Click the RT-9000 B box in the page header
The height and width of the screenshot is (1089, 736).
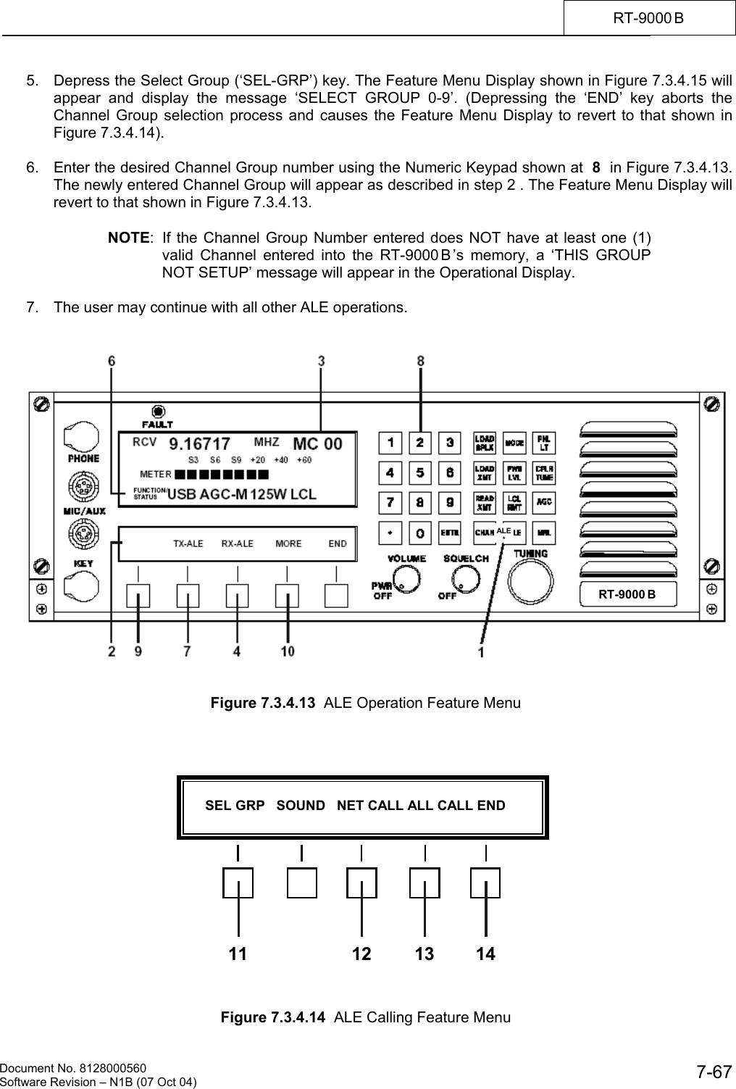pyautogui.click(x=649, y=17)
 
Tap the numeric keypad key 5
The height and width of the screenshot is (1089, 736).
pyautogui.click(x=420, y=473)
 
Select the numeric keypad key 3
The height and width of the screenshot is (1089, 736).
pyautogui.click(x=450, y=442)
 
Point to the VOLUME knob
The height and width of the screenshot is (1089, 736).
pyautogui.click(x=407, y=577)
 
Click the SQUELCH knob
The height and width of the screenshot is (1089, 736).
pyautogui.click(x=467, y=577)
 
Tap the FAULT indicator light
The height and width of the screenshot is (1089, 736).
pyautogui.click(x=157, y=410)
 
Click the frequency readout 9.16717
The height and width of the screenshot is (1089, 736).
pyautogui.click(x=200, y=443)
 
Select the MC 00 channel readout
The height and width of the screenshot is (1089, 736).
pyautogui.click(x=317, y=443)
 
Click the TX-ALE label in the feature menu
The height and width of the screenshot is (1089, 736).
pyautogui.click(x=188, y=543)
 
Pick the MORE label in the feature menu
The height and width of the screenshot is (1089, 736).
pyautogui.click(x=288, y=543)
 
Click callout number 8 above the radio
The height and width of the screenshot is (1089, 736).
pyautogui.click(x=421, y=361)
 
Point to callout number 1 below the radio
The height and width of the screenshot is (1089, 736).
pyautogui.click(x=481, y=652)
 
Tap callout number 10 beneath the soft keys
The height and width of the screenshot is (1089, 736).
pyautogui.click(x=288, y=651)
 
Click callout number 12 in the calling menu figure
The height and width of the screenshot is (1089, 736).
pyautogui.click(x=361, y=954)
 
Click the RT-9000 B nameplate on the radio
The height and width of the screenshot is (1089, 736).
pyautogui.click(x=627, y=594)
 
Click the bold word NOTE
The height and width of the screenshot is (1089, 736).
pyautogui.click(x=129, y=238)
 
